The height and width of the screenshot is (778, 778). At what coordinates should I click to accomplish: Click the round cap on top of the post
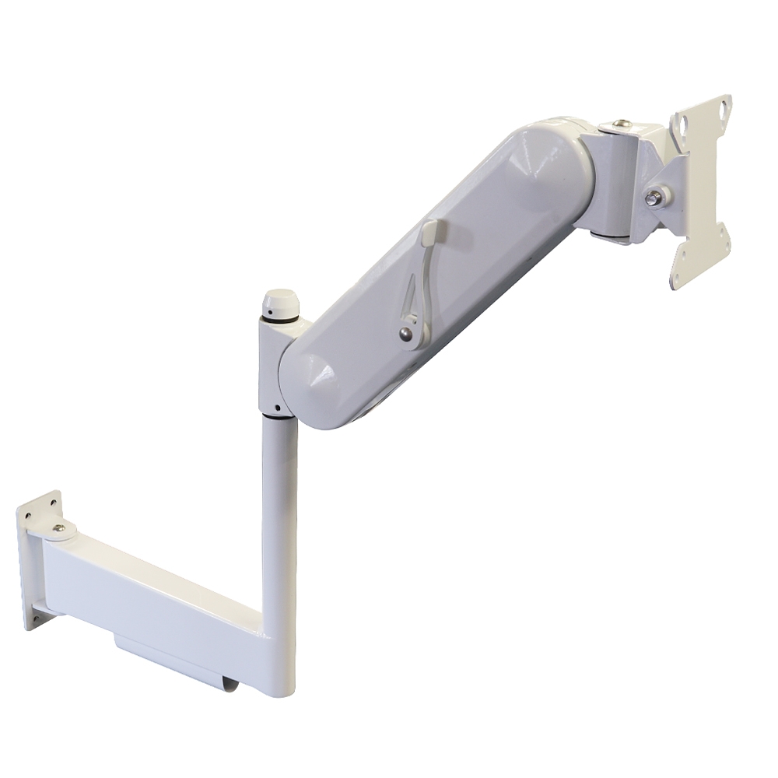pyautogui.click(x=281, y=301)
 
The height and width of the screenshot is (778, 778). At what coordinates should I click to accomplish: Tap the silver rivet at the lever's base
pyautogui.click(x=405, y=333)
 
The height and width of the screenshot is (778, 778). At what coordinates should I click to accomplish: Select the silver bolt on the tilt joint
pyautogui.click(x=654, y=198)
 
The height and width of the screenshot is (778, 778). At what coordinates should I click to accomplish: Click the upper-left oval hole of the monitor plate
pyautogui.click(x=685, y=124)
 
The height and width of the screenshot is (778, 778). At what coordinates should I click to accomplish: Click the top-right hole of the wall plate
pyautogui.click(x=53, y=502)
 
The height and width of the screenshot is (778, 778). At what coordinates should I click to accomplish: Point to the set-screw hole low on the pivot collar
pyautogui.click(x=275, y=406)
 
